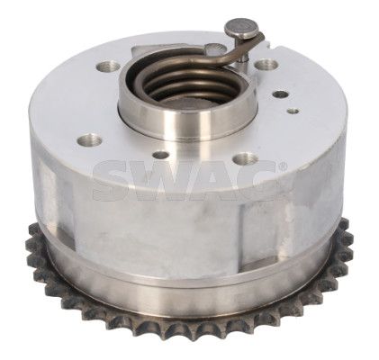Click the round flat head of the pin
(242, 29)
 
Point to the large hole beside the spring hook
(266, 65)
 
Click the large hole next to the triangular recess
(108, 67)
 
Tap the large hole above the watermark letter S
(89, 140)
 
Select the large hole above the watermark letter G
(247, 158)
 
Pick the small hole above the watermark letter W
(161, 155)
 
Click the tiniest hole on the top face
(293, 112)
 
